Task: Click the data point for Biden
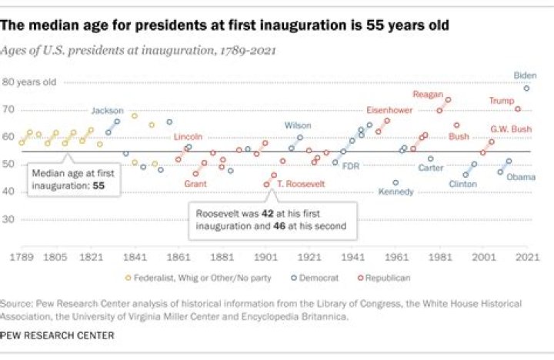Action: point(526,88)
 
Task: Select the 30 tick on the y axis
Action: point(9,219)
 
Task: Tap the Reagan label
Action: point(429,95)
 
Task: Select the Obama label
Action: point(520,177)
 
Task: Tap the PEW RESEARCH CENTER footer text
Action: point(58,335)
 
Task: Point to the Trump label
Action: point(502,101)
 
